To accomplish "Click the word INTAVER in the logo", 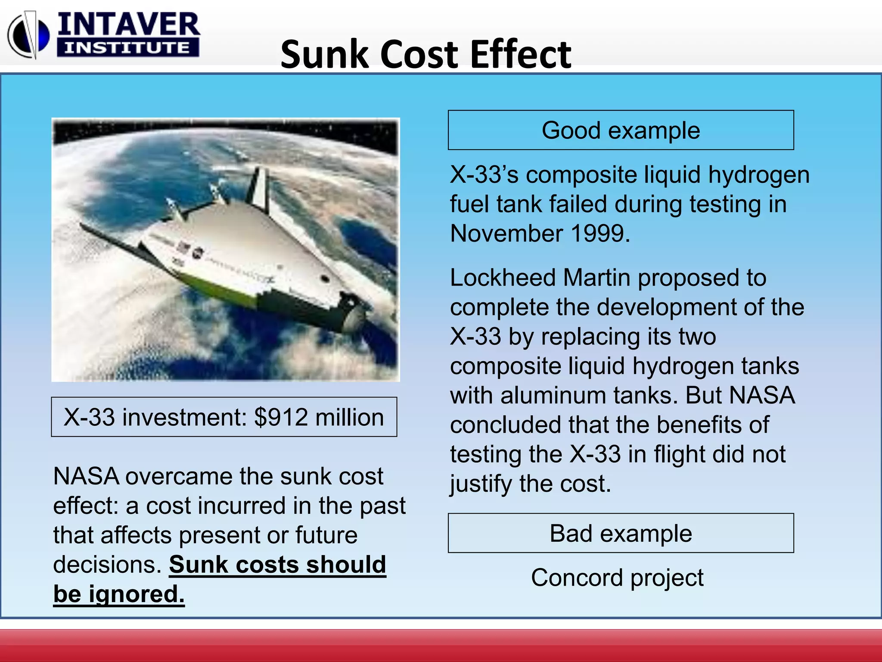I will tap(128, 25).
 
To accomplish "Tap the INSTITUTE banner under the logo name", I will tap(127, 47).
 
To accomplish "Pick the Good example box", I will tap(621, 130).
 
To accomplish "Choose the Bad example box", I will tap(621, 533).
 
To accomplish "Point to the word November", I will tap(506, 234).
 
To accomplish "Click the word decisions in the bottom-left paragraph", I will tap(107, 565).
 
